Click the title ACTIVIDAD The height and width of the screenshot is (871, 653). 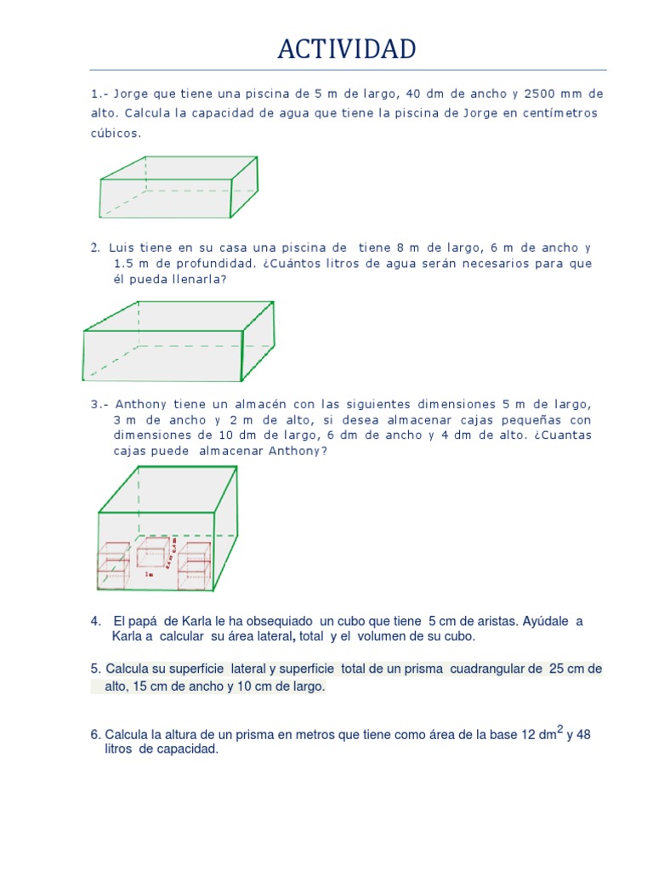pos(347,49)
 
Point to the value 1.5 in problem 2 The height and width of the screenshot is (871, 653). pos(124,264)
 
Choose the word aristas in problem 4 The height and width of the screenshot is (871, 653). pos(467,621)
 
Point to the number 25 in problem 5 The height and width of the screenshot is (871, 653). pos(557,669)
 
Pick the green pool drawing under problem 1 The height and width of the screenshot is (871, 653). pos(179,187)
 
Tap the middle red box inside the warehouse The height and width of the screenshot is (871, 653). pos(153,553)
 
